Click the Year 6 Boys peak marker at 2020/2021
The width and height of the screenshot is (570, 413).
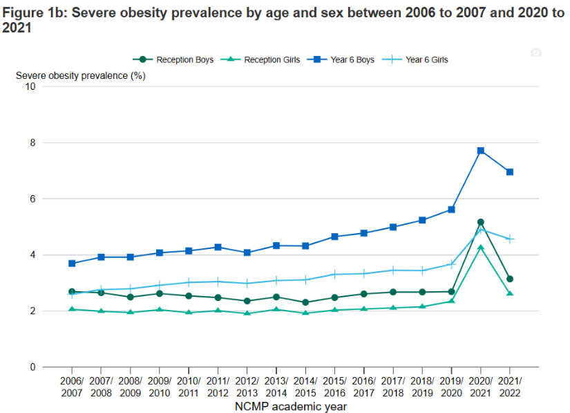tap(481, 151)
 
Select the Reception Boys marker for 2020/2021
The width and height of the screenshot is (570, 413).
tap(481, 222)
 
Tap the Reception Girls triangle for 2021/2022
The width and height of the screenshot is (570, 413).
tap(510, 293)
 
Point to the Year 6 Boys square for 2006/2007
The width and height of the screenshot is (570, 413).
tap(72, 264)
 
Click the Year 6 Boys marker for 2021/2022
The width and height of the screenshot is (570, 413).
tap(510, 172)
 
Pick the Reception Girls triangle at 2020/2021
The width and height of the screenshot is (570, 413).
tap(481, 248)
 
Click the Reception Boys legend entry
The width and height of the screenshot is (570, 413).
tap(177, 59)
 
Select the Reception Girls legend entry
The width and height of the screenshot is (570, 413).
tap(265, 59)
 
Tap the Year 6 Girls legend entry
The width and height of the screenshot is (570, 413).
tap(419, 59)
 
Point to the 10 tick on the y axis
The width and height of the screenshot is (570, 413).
tap(30, 86)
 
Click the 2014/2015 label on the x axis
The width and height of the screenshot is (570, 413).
tap(305, 387)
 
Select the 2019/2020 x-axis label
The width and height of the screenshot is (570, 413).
tap(451, 387)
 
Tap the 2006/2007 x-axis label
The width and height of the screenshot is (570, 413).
tap(72, 387)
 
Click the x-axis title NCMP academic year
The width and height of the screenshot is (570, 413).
tap(290, 407)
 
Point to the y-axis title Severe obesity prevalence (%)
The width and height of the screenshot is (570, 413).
tap(80, 75)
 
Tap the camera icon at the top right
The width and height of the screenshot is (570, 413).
tap(535, 53)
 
